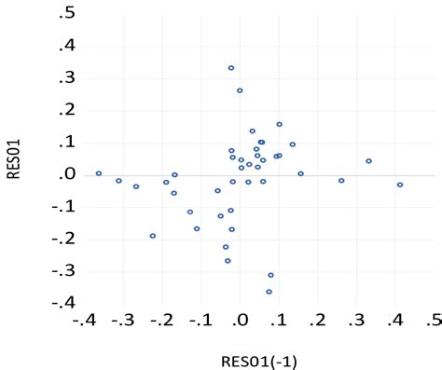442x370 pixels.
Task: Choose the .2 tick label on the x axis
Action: tap(318, 322)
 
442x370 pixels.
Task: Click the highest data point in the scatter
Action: tap(231, 68)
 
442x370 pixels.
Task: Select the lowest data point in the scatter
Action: tap(269, 292)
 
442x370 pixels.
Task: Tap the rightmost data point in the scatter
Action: tap(400, 185)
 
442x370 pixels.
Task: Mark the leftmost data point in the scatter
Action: tap(99, 173)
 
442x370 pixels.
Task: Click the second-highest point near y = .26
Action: tap(240, 90)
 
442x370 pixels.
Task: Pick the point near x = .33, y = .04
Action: tap(368, 161)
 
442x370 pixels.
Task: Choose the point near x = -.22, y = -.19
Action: tap(153, 236)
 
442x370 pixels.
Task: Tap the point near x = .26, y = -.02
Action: tap(341, 181)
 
